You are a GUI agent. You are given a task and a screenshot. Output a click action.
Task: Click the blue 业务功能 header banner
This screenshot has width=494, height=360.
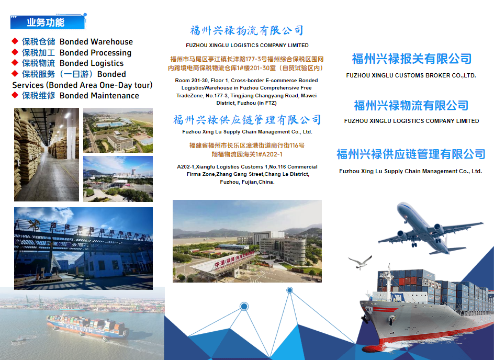[48, 22]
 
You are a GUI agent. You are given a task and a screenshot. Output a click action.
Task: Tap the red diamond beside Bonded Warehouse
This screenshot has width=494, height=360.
[15, 41]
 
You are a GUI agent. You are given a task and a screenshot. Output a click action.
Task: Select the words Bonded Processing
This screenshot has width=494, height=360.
[95, 53]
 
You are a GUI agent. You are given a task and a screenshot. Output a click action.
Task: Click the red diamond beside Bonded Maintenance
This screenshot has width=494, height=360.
[15, 95]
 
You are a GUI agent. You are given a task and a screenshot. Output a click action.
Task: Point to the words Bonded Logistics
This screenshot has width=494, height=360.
[92, 63]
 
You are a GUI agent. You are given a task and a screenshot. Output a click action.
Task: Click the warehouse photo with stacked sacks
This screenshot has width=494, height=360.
[47, 155]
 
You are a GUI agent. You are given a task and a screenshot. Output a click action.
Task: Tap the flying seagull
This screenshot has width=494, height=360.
[361, 262]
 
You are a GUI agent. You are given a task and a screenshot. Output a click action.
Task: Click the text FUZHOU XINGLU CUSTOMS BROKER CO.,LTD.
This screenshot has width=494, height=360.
[411, 75]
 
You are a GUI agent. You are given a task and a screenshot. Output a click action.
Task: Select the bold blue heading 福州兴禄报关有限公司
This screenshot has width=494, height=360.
[411, 59]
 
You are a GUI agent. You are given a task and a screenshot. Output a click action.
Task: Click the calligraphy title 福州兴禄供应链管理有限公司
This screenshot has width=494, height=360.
[247, 120]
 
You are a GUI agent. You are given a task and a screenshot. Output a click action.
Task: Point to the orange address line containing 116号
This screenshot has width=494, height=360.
[247, 145]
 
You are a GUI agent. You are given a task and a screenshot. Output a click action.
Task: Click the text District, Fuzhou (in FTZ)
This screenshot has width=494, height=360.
[246, 103]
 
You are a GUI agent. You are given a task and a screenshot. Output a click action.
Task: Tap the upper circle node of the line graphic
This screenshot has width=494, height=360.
[289, 290]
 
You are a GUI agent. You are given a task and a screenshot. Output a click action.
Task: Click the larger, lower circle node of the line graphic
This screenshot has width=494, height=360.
[244, 306]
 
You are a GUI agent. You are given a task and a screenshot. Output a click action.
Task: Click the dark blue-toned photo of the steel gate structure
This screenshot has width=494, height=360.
[84, 249]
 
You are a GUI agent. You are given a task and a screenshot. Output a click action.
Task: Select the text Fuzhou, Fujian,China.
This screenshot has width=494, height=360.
[247, 182]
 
